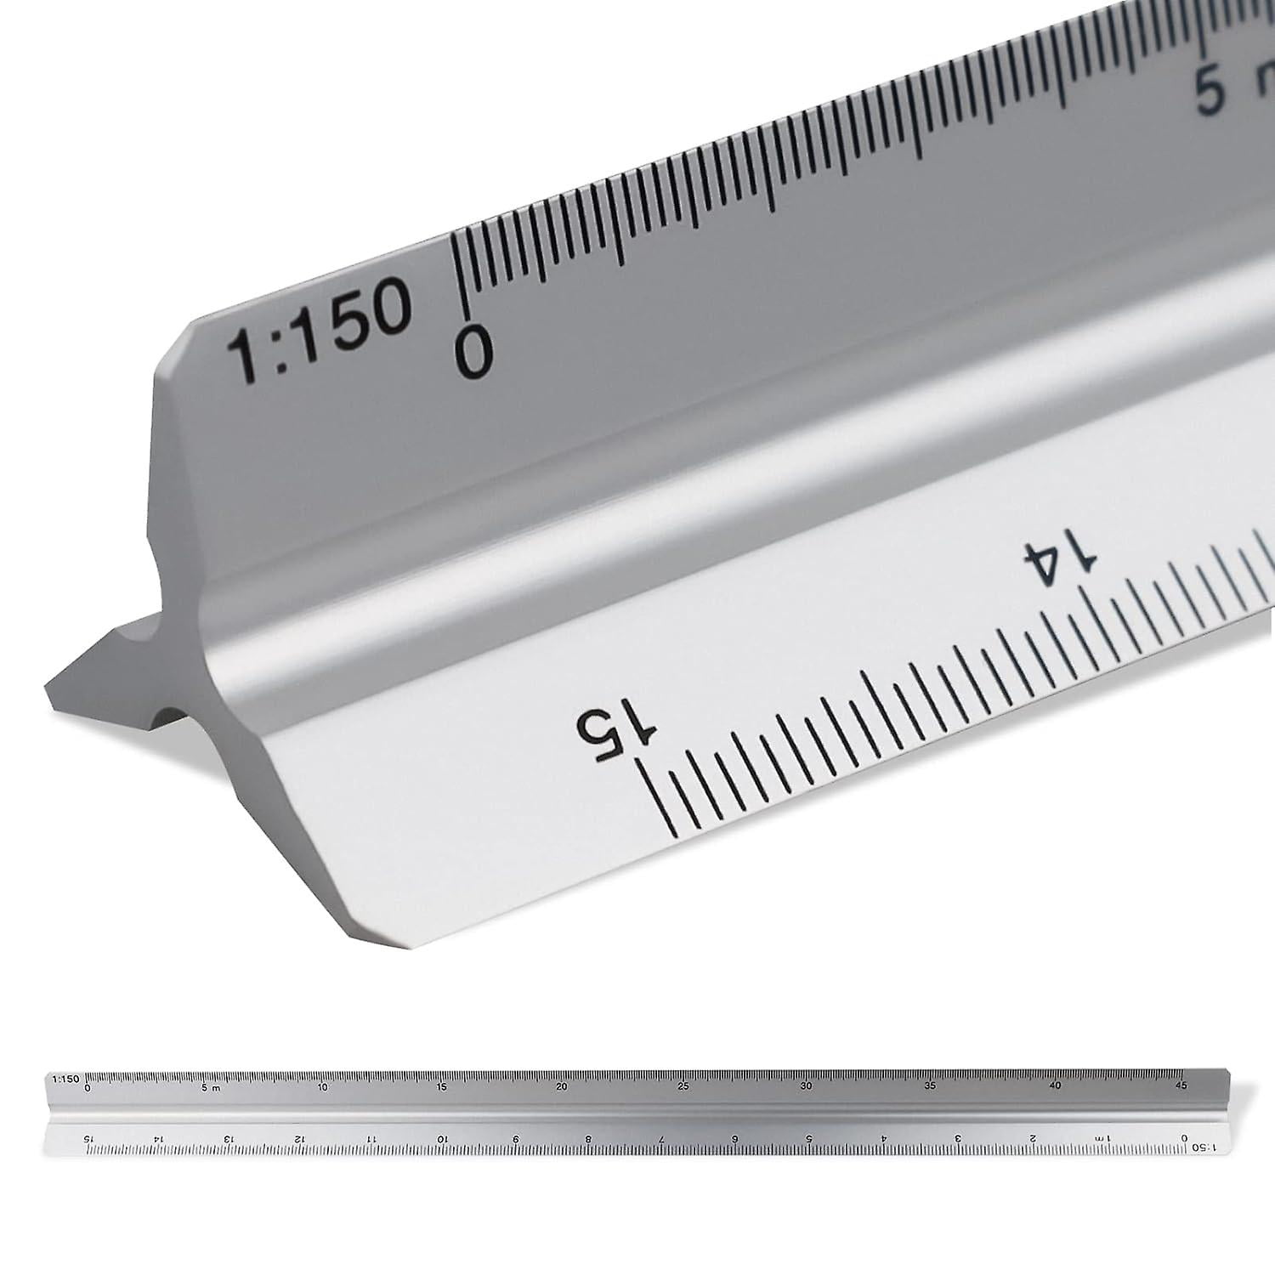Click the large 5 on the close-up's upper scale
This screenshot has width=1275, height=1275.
(1210, 93)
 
